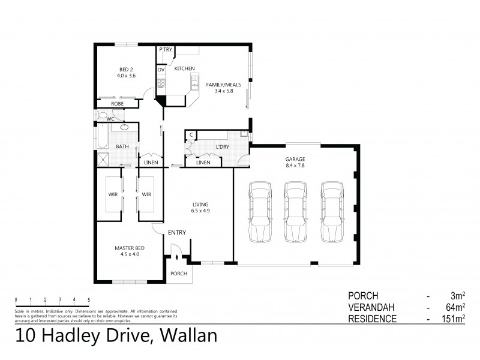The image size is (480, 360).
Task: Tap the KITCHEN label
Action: tap(184, 69)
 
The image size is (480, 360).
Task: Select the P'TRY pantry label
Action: tap(164, 50)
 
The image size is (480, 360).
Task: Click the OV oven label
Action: tap(161, 70)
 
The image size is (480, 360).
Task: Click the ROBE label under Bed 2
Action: tap(118, 104)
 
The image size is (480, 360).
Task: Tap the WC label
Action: tap(110, 119)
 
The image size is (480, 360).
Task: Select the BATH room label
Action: tap(122, 146)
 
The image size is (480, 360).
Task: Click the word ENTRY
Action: tap(176, 233)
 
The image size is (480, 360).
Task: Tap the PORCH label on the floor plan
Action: tap(179, 273)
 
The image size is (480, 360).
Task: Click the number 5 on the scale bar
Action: tap(89, 299)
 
